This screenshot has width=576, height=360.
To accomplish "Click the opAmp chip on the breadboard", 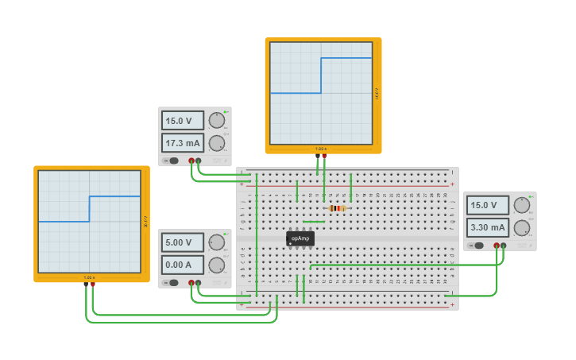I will [x=300, y=238].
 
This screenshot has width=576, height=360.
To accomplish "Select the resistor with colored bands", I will [x=337, y=208].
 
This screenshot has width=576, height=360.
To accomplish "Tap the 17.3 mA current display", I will [x=183, y=143].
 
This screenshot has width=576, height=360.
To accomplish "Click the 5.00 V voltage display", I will [x=183, y=242].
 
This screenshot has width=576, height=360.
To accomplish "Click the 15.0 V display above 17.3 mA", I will [x=183, y=121].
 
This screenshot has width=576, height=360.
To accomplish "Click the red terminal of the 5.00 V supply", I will [x=191, y=283].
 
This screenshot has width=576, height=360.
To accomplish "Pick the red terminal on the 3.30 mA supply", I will [x=497, y=246].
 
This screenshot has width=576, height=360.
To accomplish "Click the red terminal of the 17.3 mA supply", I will [x=191, y=161].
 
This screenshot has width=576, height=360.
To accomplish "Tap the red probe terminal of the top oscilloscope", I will [x=324, y=156].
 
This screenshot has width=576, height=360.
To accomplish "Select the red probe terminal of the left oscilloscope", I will [x=93, y=285].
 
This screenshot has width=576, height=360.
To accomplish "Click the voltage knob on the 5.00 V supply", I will [x=216, y=242].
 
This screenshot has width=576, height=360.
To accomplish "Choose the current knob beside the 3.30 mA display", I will [x=521, y=227].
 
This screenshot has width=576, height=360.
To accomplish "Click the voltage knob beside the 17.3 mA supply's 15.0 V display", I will [x=216, y=120].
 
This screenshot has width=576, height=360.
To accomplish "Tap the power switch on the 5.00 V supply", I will [x=172, y=283].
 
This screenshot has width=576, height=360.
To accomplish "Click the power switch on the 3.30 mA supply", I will [x=477, y=246].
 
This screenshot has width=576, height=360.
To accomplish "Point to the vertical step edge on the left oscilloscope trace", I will [x=89, y=208].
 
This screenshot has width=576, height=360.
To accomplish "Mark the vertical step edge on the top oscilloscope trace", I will [x=320, y=75].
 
